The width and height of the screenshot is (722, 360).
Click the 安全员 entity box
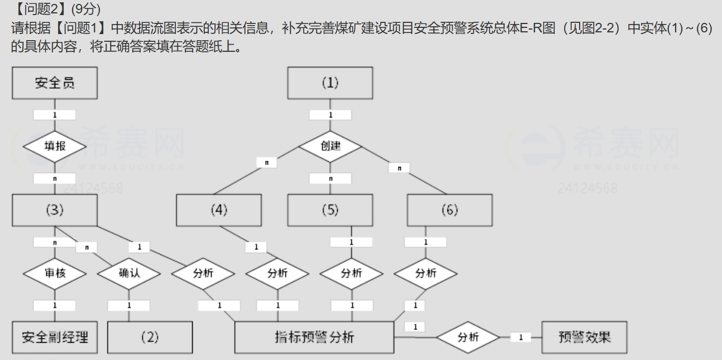coord(55,83)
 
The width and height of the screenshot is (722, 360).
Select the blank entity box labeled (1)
coord(330,83)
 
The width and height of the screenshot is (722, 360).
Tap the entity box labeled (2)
coord(150,337)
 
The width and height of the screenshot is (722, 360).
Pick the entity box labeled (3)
coord(55,210)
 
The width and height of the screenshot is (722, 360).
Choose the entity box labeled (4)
coord(219,210)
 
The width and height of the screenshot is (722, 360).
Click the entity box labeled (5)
coord(330,210)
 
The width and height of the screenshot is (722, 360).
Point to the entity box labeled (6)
coord(450,210)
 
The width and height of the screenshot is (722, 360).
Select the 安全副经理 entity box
coord(55,337)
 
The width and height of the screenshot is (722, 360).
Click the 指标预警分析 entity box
coord(314,337)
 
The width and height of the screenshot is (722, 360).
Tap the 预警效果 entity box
coord(584,337)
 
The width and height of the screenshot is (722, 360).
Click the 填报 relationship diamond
coord(55,146)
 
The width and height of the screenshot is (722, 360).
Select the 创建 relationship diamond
coord(330,146)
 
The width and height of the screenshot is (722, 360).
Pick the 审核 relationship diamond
coord(55,273)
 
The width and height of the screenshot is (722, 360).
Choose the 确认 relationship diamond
coord(129,273)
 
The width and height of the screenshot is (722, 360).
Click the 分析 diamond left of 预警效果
coord(468,337)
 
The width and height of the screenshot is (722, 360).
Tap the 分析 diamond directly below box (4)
coord(278,273)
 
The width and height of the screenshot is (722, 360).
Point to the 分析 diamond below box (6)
coord(425,273)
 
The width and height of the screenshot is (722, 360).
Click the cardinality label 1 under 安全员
coord(55,114)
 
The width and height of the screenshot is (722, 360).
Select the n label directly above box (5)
coord(331,179)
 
